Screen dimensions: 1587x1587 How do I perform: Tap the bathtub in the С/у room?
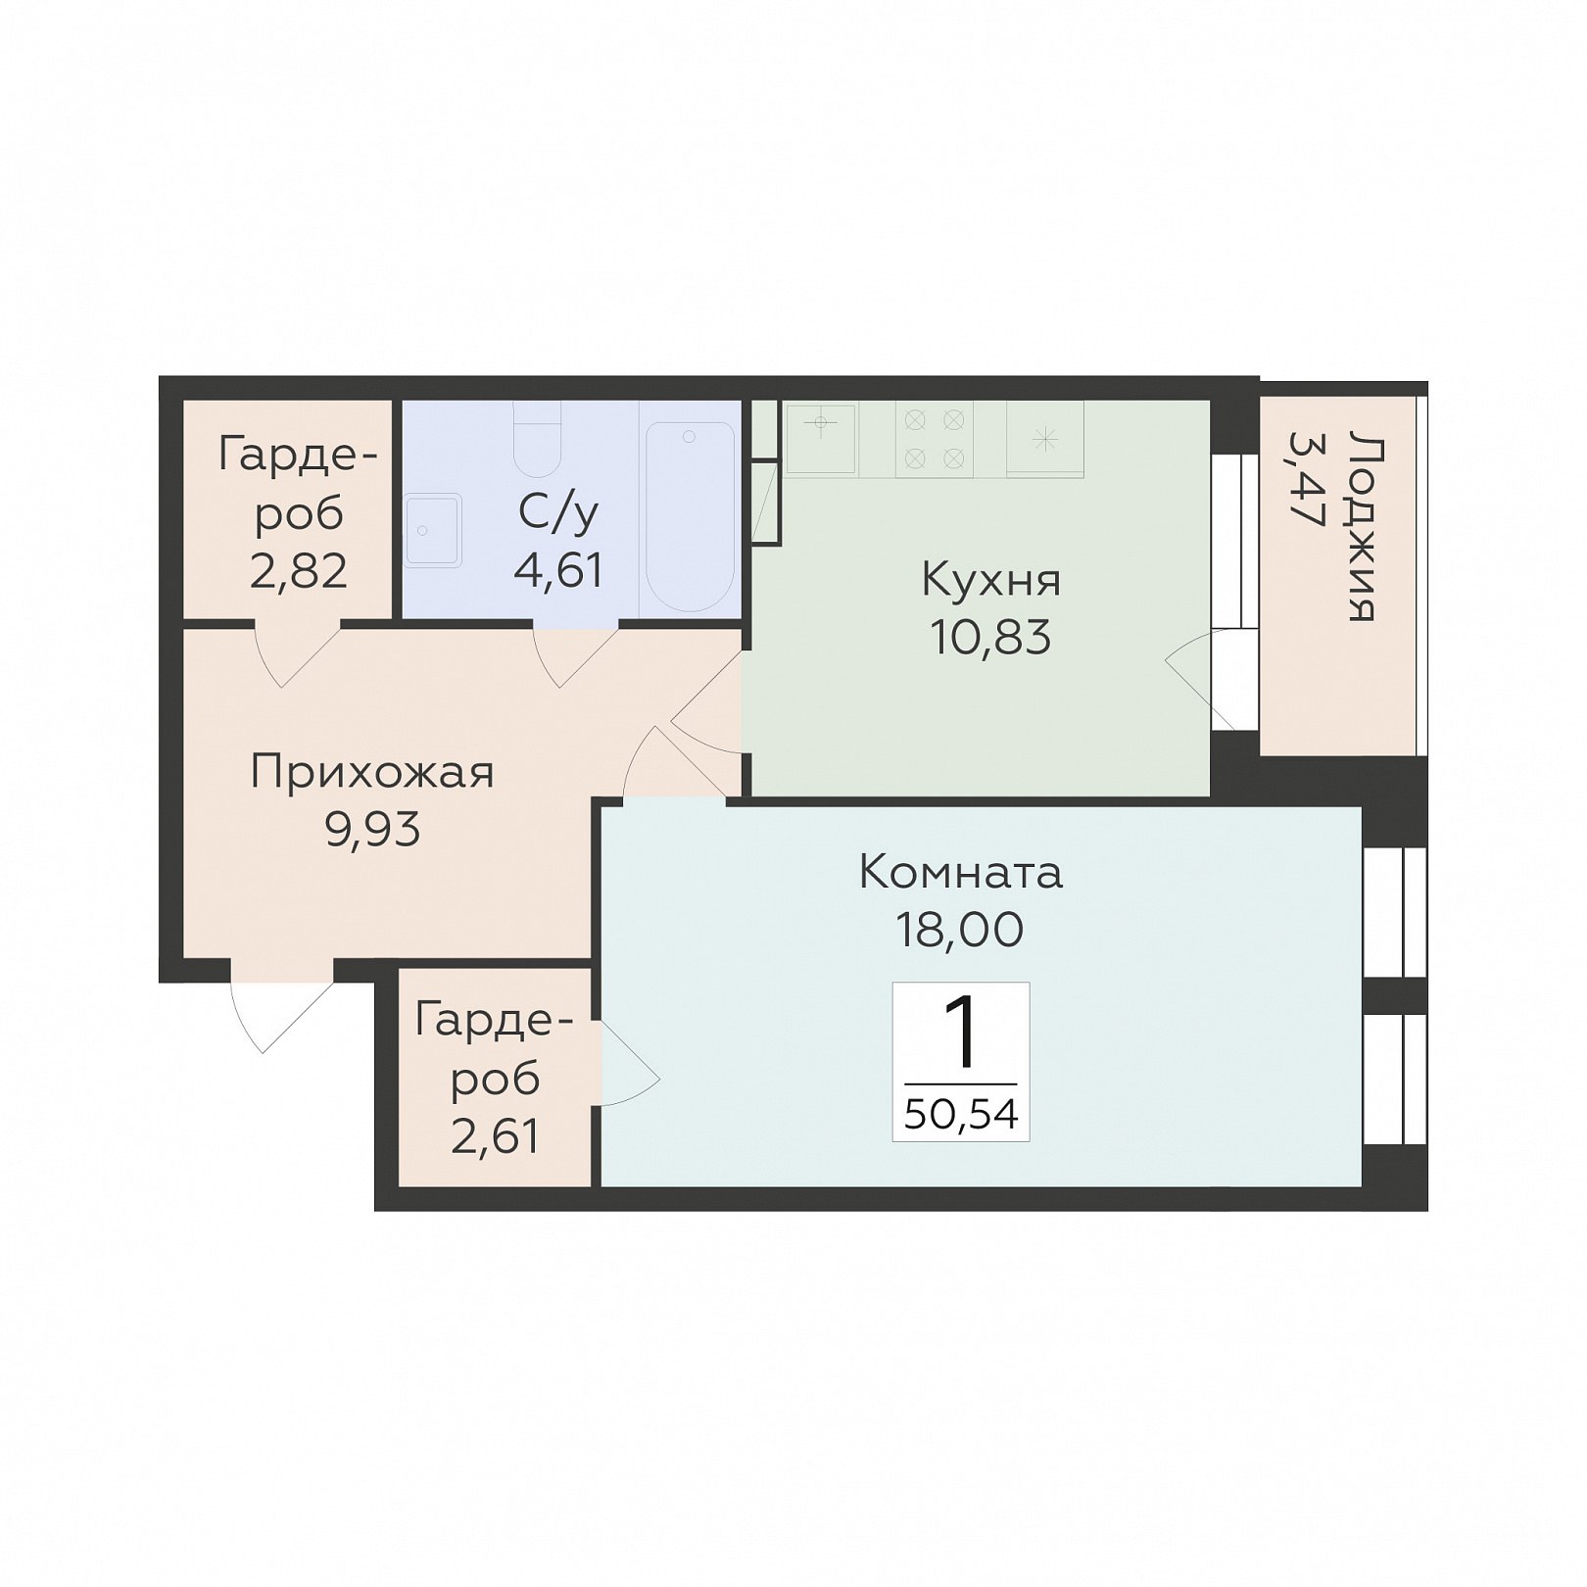[690, 516]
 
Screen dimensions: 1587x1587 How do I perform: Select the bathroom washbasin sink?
[433, 530]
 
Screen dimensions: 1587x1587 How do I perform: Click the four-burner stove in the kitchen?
[934, 440]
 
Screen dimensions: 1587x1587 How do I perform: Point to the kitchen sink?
[821, 440]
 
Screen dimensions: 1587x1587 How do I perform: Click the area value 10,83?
[990, 639]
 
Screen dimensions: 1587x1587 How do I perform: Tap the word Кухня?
[991, 580]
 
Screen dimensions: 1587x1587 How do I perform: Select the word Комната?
[960, 872]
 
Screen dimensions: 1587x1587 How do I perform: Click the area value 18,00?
[960, 930]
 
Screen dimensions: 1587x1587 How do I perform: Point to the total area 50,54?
[961, 1114]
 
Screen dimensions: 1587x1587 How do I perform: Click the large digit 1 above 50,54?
[960, 1033]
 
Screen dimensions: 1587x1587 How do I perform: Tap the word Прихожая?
[372, 773]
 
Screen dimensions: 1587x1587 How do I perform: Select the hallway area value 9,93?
[372, 831]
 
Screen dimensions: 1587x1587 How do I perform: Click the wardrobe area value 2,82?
[299, 571]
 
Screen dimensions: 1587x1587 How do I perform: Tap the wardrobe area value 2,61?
[496, 1136]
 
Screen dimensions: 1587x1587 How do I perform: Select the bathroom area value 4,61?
[558, 570]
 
